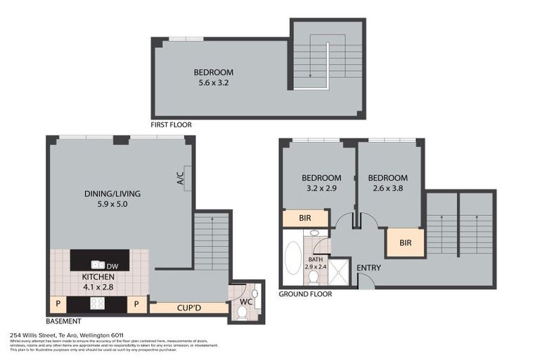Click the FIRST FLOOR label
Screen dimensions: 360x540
(x=171, y=124)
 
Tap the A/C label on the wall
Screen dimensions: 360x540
(x=180, y=177)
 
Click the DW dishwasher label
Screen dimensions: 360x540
(x=112, y=266)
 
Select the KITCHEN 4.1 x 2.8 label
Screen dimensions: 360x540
(x=98, y=281)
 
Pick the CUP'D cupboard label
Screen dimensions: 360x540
(x=188, y=307)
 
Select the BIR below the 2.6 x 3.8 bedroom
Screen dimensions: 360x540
(x=405, y=243)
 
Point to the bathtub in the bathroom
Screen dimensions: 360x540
(x=293, y=259)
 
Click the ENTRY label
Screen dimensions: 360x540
(x=368, y=268)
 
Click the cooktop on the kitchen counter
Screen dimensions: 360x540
(x=96, y=304)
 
